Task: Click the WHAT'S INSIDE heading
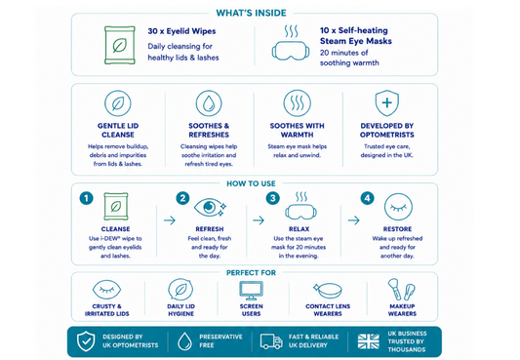click(x=251, y=13)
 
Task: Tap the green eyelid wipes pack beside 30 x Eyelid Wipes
click(x=120, y=45)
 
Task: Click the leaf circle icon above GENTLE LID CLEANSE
click(x=118, y=103)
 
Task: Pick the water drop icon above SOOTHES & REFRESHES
click(x=209, y=103)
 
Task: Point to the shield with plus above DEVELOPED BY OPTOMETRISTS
click(x=386, y=103)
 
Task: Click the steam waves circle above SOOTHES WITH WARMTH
click(x=298, y=103)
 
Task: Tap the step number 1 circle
click(x=86, y=198)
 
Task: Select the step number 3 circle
click(x=272, y=198)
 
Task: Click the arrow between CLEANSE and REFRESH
click(x=170, y=220)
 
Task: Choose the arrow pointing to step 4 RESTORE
click(x=353, y=220)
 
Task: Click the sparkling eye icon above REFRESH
click(x=210, y=208)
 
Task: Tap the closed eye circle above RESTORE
click(x=398, y=207)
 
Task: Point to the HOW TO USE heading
click(x=251, y=183)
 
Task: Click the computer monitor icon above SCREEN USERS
click(x=252, y=291)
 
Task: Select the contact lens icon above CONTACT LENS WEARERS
click(x=328, y=291)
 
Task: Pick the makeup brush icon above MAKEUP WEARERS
click(x=395, y=290)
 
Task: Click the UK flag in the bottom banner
click(x=369, y=341)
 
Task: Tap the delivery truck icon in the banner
click(x=271, y=341)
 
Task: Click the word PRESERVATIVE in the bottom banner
click(x=220, y=337)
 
